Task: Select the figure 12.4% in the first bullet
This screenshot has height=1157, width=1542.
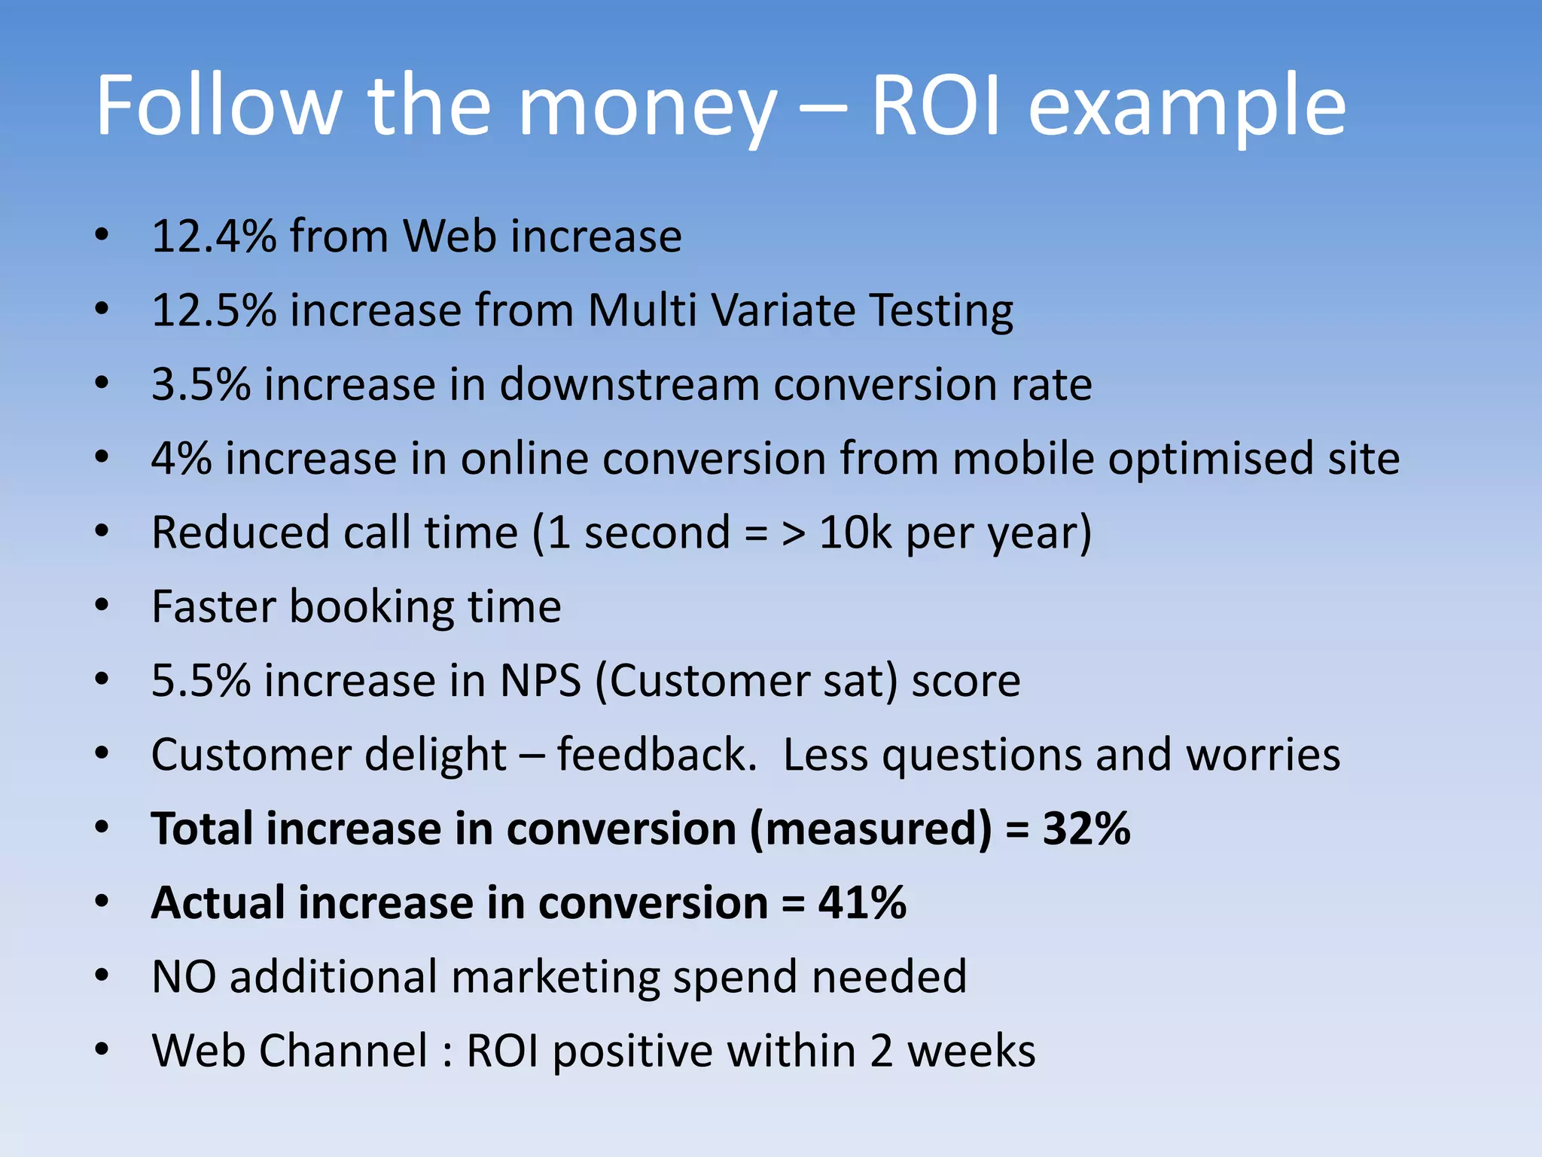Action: click(214, 236)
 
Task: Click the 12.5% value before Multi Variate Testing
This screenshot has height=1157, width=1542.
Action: click(214, 310)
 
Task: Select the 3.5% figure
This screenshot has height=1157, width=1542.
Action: click(200, 384)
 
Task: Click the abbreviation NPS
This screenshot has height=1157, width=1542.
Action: click(541, 681)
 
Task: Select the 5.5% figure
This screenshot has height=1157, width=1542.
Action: click(200, 681)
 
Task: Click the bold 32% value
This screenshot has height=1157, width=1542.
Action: click(1086, 829)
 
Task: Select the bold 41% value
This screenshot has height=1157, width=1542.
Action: click(862, 902)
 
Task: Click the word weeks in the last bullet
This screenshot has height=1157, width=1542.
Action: click(971, 1051)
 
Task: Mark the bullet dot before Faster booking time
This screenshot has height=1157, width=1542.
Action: click(102, 606)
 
